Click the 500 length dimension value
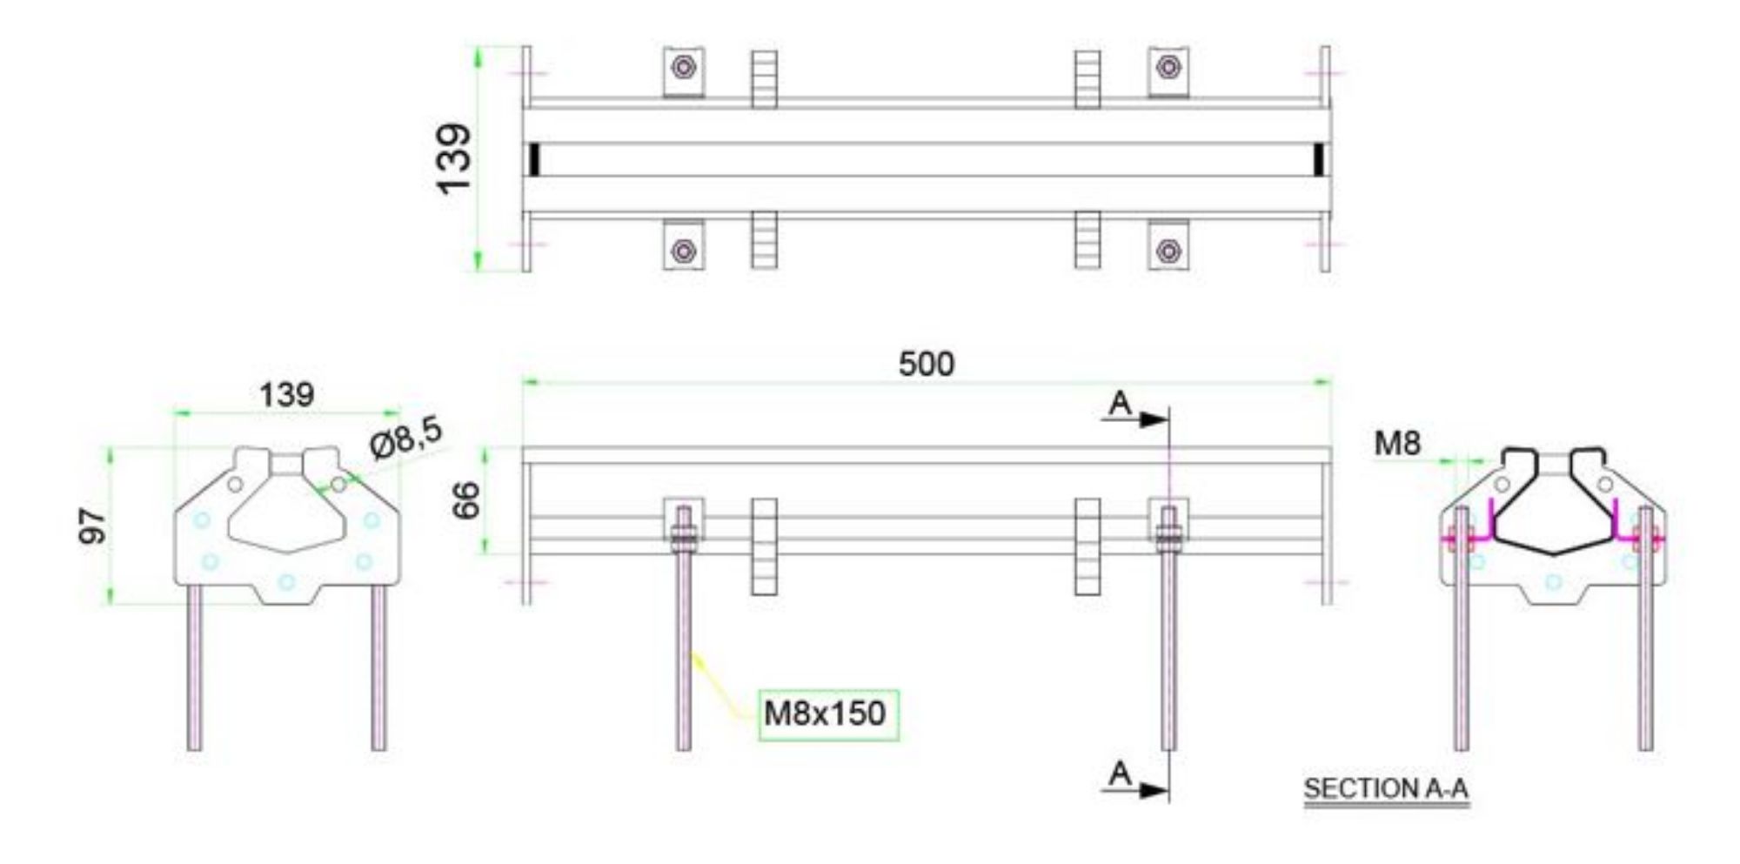926,364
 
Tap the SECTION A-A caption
1385,789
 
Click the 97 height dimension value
93,527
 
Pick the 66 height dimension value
467,500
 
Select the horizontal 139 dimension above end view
286,395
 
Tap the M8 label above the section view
1397,444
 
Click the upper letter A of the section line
1120,404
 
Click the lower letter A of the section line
1120,773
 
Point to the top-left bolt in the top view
684,67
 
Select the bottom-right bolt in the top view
1168,251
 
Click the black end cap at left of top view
534,159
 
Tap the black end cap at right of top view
1319,159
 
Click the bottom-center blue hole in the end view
286,582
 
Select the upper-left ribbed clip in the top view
764,79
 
